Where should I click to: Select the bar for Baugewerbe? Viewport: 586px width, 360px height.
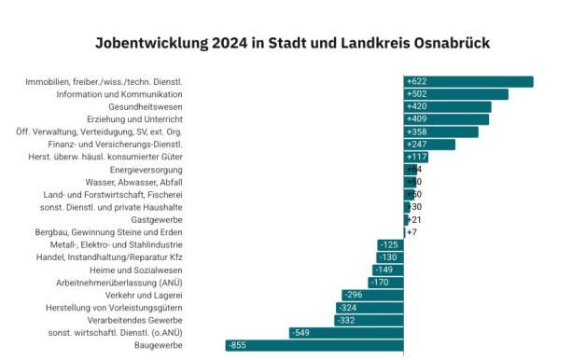click(314, 345)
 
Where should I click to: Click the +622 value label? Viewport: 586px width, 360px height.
click(417, 82)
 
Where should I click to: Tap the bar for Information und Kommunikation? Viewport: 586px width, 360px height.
click(455, 94)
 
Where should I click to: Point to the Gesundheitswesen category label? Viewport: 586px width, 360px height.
click(145, 106)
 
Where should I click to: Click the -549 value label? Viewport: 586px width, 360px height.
click(300, 332)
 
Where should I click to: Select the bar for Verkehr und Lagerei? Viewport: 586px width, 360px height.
click(372, 295)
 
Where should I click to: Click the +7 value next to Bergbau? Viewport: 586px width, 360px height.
click(412, 231)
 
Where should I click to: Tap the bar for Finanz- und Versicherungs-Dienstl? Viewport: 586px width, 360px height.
click(429, 145)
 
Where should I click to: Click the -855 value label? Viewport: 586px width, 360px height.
click(238, 345)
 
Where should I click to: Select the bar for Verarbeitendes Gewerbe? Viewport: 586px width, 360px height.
click(369, 320)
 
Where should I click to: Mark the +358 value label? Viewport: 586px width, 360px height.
click(417, 132)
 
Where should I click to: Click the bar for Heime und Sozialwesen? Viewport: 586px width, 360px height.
click(388, 270)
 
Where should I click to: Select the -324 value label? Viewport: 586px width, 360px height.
click(347, 307)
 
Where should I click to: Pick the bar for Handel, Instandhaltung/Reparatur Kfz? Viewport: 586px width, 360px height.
click(390, 256)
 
